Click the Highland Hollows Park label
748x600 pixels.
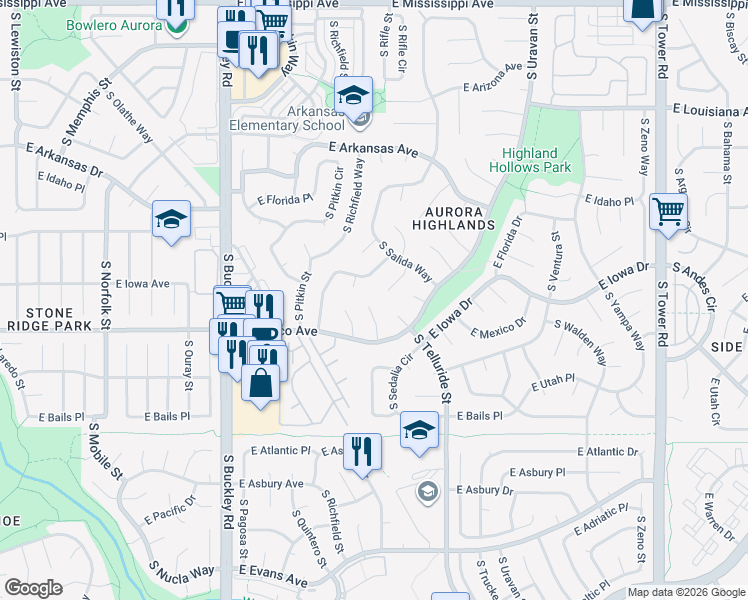click(529, 160)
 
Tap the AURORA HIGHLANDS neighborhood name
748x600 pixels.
click(460, 218)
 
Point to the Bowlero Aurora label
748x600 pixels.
click(113, 25)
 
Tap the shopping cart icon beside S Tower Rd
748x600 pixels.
click(668, 212)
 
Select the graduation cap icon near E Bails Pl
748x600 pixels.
click(420, 432)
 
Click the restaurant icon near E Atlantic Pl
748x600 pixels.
click(362, 450)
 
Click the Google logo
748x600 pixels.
click(33, 588)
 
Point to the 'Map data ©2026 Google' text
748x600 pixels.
click(686, 592)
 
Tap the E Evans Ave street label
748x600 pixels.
click(272, 577)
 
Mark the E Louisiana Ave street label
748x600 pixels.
click(709, 108)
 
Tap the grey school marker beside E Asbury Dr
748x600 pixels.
click(427, 491)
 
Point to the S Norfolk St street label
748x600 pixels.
click(104, 297)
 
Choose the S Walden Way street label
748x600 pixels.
click(581, 342)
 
